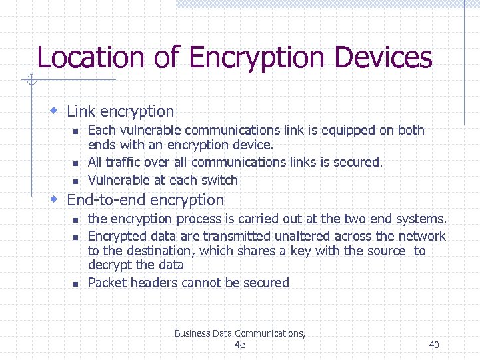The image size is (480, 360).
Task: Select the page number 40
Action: [434, 345]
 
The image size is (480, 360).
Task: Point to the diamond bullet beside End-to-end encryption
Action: [56, 199]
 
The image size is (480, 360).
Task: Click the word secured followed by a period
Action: [361, 162]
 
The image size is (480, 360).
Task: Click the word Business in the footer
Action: [192, 333]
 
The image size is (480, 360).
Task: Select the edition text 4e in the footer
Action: [240, 345]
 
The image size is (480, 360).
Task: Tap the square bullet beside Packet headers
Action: [76, 284]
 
